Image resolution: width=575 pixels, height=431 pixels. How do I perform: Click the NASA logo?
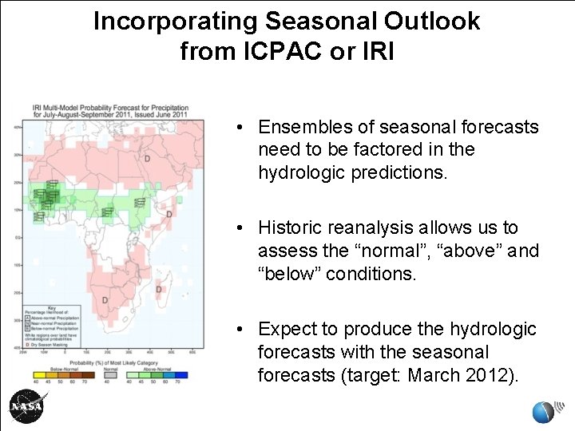tap(26, 407)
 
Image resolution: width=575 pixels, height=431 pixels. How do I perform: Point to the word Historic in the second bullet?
tap(289, 228)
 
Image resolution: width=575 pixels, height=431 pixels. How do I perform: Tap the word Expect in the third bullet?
tap(284, 329)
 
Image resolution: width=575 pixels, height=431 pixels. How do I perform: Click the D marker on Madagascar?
tap(159, 289)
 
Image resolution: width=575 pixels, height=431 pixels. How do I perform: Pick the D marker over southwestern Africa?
tap(105, 300)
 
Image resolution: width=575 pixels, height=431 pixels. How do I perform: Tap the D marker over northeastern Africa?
tap(147, 159)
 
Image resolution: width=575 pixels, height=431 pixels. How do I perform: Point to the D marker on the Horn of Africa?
tap(169, 214)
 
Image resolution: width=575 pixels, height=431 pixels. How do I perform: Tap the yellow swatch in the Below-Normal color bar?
tap(39, 373)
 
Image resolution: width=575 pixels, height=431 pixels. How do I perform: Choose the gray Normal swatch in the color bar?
tap(111, 373)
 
